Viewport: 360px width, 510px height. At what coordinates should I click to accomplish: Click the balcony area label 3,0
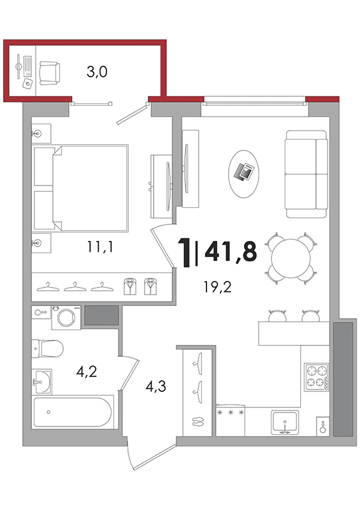tap(97, 72)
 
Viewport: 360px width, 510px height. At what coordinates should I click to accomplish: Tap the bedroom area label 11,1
tap(100, 247)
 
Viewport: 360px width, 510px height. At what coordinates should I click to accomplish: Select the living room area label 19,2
tap(217, 287)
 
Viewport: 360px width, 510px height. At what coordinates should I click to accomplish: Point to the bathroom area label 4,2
tap(87, 371)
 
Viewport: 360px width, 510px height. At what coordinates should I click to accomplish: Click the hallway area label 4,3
tap(156, 386)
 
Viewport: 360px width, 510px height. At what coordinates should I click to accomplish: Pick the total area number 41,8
tap(231, 251)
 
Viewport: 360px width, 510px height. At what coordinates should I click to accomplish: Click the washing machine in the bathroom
tap(66, 317)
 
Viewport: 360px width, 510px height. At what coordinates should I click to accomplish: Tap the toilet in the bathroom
tap(48, 348)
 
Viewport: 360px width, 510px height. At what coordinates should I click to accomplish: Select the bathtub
tap(73, 412)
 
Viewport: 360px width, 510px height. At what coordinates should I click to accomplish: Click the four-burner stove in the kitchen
tap(317, 377)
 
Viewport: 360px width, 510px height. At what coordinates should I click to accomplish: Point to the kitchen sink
tap(285, 423)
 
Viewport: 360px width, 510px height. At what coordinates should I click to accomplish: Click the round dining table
tap(291, 259)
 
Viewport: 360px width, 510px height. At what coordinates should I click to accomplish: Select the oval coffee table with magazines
tap(244, 173)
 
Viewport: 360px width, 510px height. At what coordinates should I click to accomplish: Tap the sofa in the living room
tap(306, 174)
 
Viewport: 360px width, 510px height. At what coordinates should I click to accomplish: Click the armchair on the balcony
tap(50, 73)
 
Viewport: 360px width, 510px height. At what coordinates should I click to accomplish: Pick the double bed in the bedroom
tap(81, 188)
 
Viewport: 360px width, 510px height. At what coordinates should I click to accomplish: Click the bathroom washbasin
tap(41, 381)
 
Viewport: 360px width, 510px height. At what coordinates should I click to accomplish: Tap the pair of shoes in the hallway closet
tap(196, 421)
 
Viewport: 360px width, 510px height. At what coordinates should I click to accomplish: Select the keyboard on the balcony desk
tap(27, 66)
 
